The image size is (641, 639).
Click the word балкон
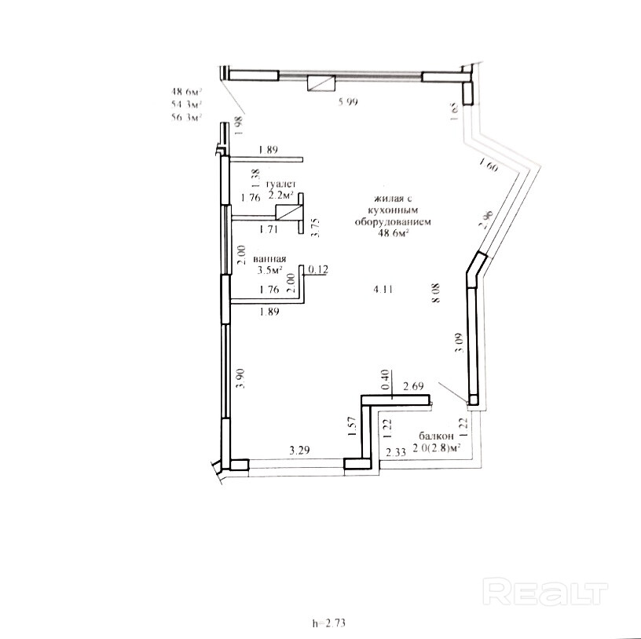pos(435,436)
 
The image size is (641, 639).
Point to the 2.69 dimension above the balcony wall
pos(413,385)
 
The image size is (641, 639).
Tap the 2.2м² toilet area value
pos(280,195)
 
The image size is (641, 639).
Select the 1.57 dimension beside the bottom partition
pos(353,426)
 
